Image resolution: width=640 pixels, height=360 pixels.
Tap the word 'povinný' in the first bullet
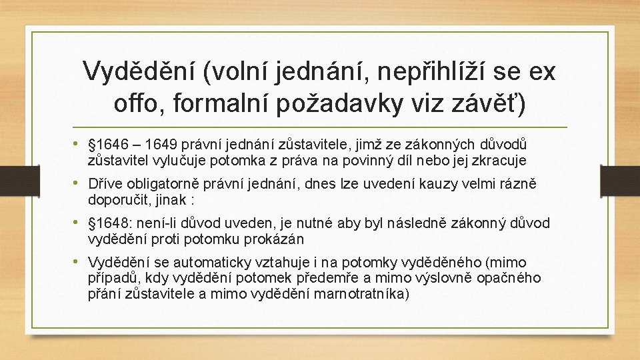pos(387,161)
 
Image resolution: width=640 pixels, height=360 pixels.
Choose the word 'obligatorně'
pos(157,184)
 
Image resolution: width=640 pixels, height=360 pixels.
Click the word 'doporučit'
pos(117,199)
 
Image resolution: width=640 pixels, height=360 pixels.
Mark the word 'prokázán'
pos(277,238)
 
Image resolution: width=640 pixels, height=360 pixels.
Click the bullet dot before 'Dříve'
pos(79,183)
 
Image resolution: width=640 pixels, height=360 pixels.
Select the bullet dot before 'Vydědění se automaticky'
pos(79,261)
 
